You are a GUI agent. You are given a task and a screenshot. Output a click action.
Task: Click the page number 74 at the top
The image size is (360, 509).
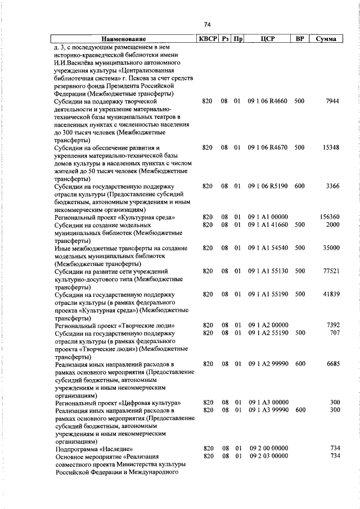(206, 24)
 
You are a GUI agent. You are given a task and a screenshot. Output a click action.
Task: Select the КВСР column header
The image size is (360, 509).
(206, 39)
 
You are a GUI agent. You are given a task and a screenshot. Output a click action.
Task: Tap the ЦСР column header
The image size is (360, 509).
(268, 39)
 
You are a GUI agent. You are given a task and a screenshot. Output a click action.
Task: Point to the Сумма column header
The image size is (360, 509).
(326, 39)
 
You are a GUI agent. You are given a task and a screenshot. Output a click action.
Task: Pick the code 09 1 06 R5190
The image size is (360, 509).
(268, 186)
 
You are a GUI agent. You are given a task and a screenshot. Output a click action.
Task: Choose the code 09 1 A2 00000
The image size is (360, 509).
(268, 325)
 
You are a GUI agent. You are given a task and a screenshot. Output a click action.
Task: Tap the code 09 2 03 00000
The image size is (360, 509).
(268, 456)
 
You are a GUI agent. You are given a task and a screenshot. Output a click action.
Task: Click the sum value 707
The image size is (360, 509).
(334, 333)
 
